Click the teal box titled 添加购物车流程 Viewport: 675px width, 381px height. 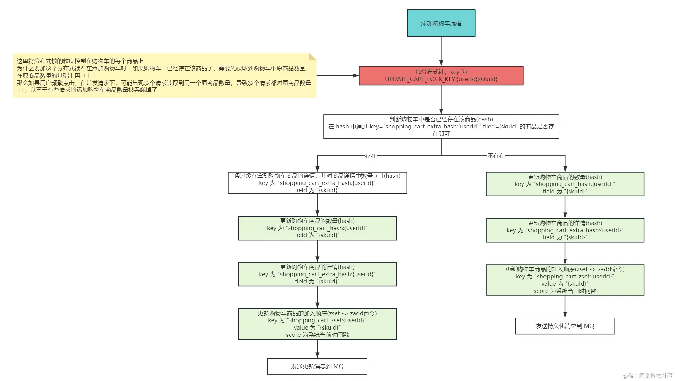click(x=441, y=23)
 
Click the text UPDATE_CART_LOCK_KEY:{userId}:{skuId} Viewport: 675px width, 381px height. click(x=441, y=79)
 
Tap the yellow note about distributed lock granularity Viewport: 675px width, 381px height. click(x=164, y=75)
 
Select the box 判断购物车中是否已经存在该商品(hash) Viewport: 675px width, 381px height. click(x=441, y=126)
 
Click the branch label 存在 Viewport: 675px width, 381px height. click(x=370, y=156)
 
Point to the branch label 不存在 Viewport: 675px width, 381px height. click(x=496, y=156)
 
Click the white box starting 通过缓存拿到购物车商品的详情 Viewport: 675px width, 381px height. click(x=317, y=183)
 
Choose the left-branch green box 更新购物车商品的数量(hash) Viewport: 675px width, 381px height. click(x=317, y=228)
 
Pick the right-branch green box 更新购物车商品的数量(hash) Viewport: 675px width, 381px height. click(x=565, y=184)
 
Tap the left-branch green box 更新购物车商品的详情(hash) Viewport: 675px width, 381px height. click(x=317, y=274)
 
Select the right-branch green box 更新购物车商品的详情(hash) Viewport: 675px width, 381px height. click(x=565, y=230)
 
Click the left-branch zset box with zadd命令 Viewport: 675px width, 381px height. click(x=317, y=324)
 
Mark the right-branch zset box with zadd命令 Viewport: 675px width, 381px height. click(x=565, y=280)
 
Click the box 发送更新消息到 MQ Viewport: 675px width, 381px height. click(x=317, y=366)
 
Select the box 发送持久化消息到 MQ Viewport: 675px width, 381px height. click(x=565, y=326)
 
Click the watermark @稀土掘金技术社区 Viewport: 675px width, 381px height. click(x=647, y=376)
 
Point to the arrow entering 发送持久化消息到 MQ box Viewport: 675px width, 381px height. click(x=565, y=307)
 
